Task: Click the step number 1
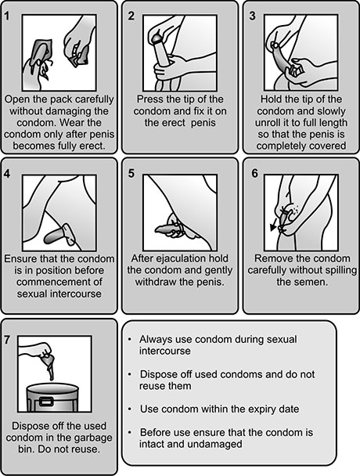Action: point(7,16)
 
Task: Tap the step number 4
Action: point(7,174)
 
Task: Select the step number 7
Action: point(7,340)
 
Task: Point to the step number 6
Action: point(254,173)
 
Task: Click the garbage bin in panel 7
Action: point(53,397)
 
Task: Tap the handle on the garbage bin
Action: point(46,402)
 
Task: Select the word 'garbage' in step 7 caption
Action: point(92,438)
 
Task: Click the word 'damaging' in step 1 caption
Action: point(69,111)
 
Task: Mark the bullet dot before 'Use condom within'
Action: point(130,409)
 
